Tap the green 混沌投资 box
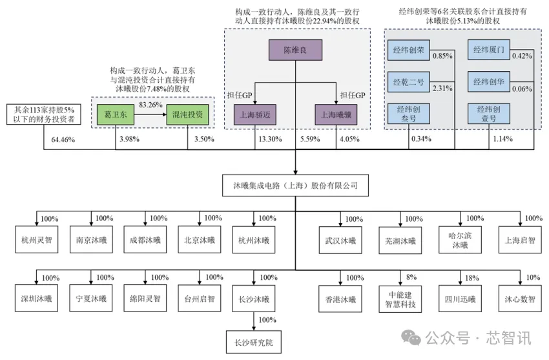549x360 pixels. click(x=188, y=115)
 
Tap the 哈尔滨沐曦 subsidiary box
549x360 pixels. click(x=460, y=240)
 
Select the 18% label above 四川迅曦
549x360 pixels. click(x=472, y=277)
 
